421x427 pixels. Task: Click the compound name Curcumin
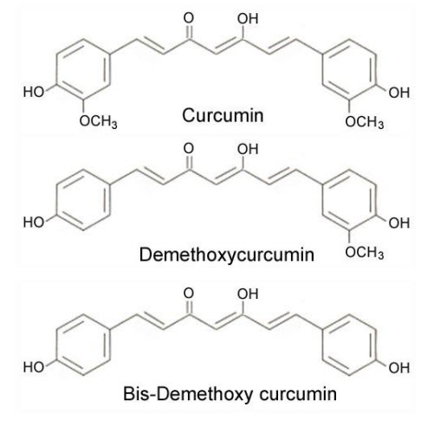[223, 115]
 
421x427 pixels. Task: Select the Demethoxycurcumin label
[227, 255]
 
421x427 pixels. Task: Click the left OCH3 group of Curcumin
[98, 121]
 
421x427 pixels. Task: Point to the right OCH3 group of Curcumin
[365, 122]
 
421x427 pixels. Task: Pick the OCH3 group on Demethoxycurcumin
[365, 253]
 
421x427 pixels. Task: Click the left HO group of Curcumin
[34, 92]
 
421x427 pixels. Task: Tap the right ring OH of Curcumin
[399, 93]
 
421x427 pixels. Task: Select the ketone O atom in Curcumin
[189, 18]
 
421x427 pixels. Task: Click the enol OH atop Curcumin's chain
[248, 19]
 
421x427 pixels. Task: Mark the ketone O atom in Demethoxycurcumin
[189, 149]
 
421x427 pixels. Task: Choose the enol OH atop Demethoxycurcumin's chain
[248, 149]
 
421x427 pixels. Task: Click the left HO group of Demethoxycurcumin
[34, 223]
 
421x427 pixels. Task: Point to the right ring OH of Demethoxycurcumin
[399, 223]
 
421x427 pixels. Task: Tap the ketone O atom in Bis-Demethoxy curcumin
[189, 294]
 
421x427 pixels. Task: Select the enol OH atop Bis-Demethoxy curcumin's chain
[248, 294]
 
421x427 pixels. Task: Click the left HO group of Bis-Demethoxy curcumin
[34, 367]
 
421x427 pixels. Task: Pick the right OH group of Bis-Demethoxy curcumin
[399, 368]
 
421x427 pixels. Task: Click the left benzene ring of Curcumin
[111, 69]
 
